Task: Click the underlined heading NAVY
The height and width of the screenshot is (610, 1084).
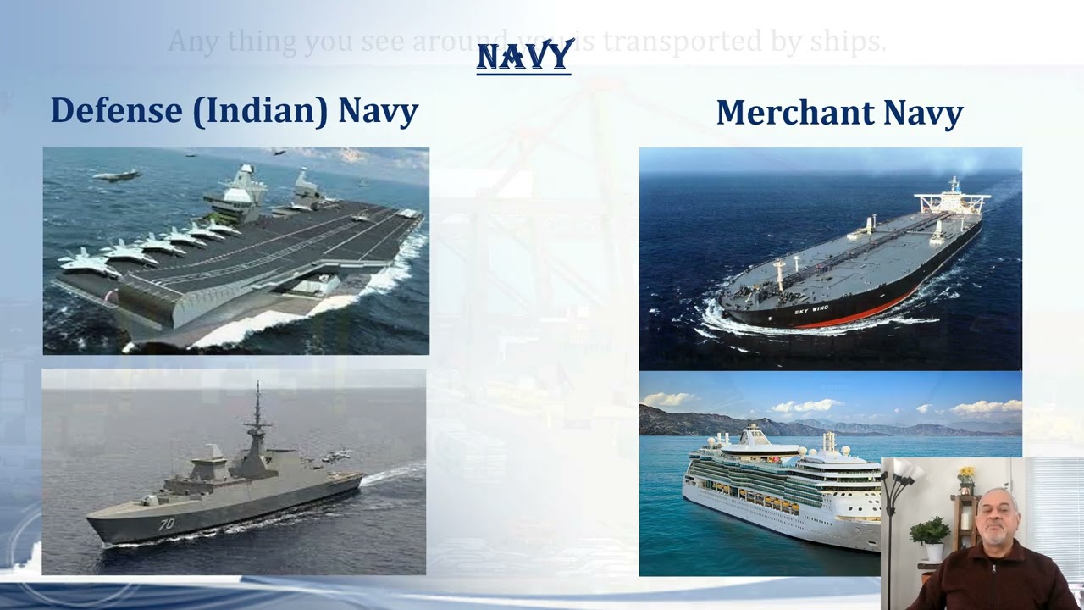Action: pyautogui.click(x=525, y=57)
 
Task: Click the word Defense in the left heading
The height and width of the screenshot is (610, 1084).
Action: pyautogui.click(x=116, y=111)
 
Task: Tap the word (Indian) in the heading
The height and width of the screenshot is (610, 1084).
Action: pyautogui.click(x=260, y=111)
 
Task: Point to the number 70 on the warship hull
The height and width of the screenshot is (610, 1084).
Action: pyautogui.click(x=166, y=524)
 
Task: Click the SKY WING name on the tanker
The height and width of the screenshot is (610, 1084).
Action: pyautogui.click(x=811, y=311)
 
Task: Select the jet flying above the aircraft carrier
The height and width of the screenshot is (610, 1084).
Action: pyautogui.click(x=118, y=175)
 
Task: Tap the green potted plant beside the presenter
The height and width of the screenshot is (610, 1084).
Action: pyautogui.click(x=930, y=533)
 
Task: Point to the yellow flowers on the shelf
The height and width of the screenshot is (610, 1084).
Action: pyautogui.click(x=965, y=475)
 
